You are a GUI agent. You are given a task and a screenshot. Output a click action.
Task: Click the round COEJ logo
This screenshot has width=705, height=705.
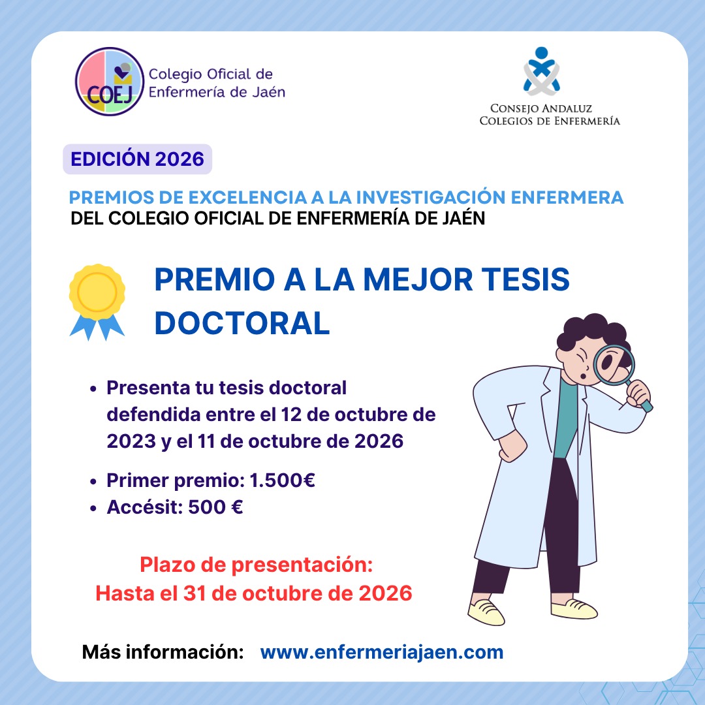pos(109,82)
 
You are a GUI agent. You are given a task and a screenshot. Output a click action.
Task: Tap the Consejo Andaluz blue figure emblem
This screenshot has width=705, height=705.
pos(541,71)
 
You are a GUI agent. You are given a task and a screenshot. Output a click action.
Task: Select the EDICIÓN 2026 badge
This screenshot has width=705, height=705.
pos(137,159)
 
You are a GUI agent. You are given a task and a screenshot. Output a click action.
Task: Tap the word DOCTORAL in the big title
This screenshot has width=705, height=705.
pos(242,323)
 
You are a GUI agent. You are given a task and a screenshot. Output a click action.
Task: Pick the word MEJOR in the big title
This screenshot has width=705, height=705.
pos(418,279)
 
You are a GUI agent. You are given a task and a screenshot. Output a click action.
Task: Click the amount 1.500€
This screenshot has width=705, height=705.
pos(283,480)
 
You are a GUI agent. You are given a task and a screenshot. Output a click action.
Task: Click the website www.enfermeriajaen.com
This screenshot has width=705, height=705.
pos(382,652)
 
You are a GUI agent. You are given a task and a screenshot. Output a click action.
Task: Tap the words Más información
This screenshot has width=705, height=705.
pos(163,652)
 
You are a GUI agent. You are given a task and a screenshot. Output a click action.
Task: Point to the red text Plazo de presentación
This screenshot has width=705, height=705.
pos(257,565)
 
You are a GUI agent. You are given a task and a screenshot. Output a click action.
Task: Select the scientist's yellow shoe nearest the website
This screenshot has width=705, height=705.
pos(486,612)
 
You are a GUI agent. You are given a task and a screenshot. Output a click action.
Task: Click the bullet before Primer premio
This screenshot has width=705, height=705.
pos(93,482)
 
